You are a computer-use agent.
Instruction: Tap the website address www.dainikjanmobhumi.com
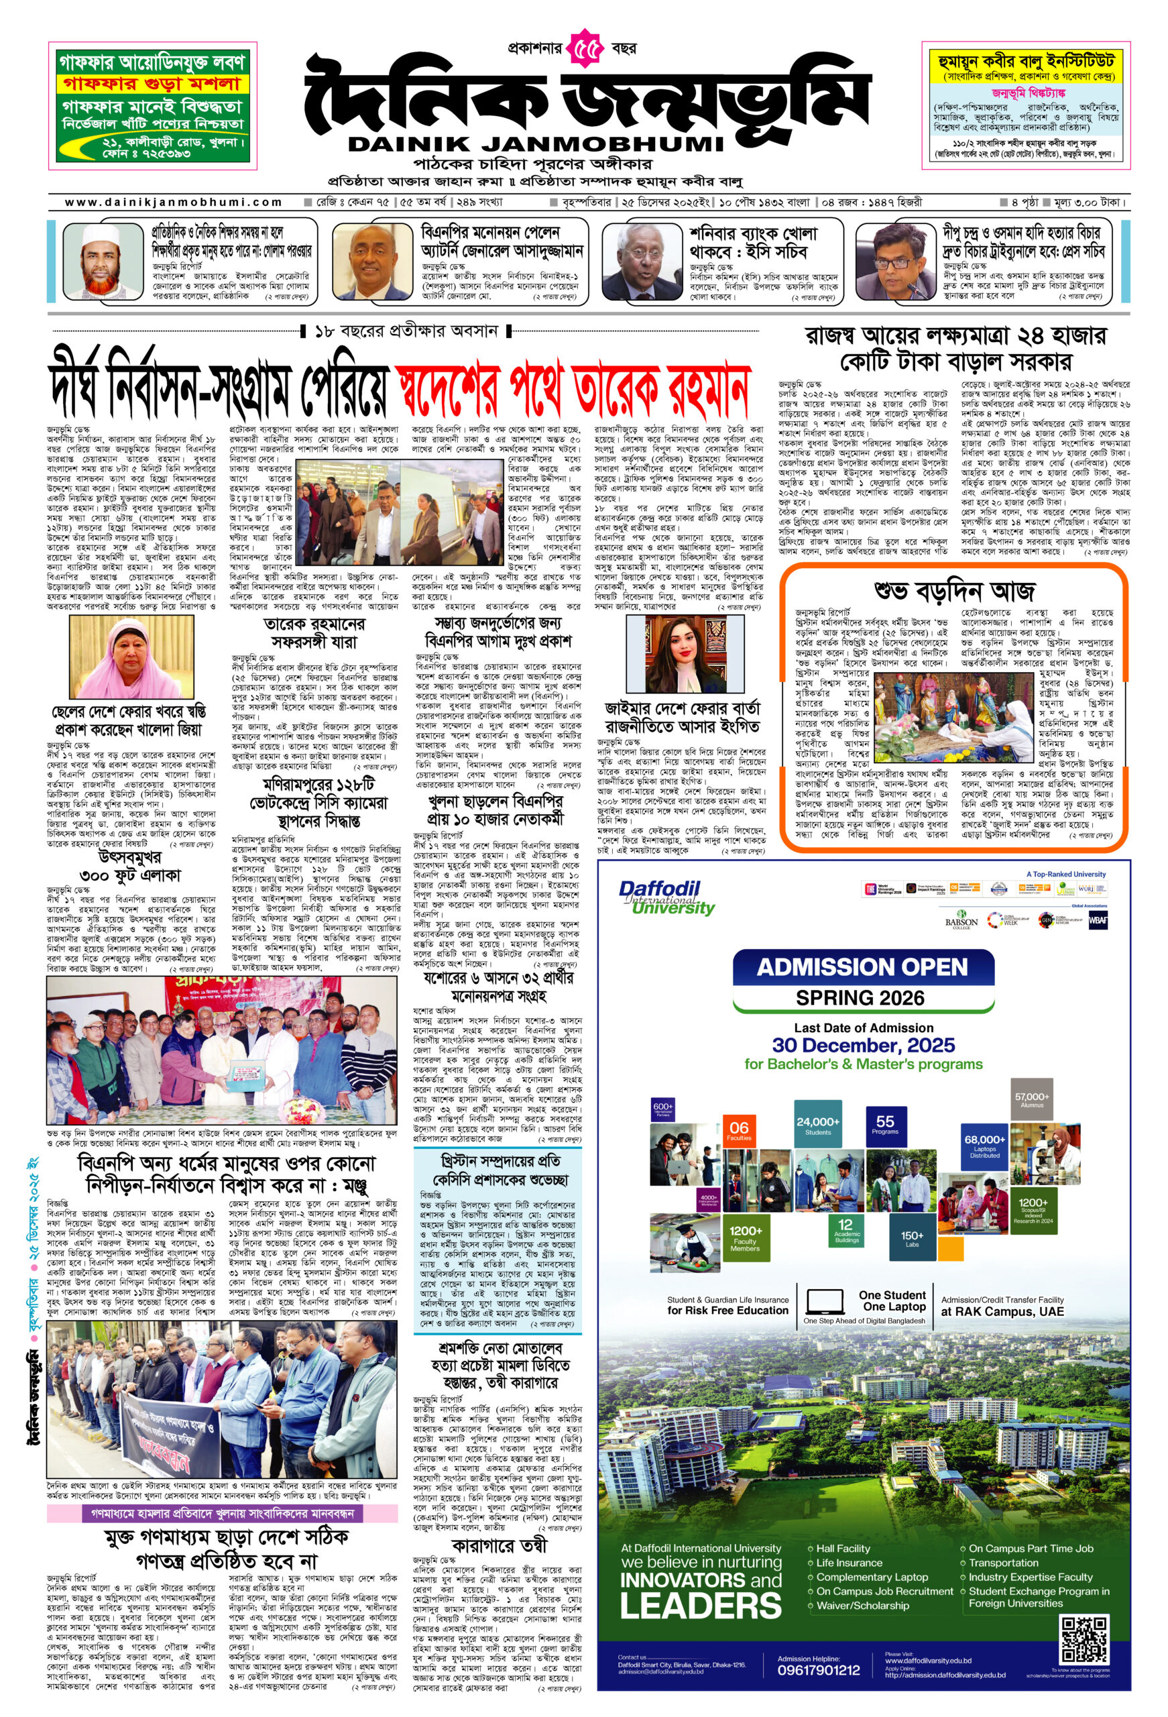(174, 202)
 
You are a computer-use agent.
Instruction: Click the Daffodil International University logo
(666, 897)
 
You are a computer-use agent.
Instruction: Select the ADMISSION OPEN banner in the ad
(862, 966)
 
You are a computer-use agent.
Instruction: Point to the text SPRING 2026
(860, 998)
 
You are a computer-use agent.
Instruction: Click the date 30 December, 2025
(863, 1046)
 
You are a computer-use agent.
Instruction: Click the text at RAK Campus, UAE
(1002, 1311)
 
